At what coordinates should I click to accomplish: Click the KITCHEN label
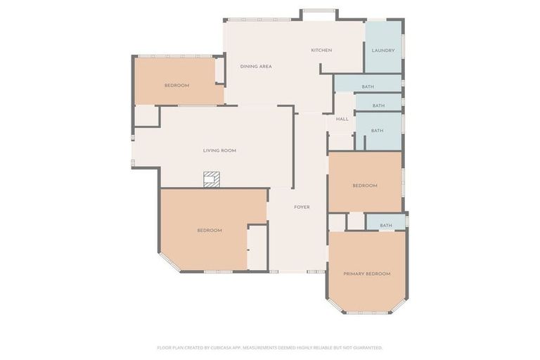[321, 50]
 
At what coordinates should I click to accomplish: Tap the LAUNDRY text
[383, 51]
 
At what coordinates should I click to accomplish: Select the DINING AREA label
[256, 67]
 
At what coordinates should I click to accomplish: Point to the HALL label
[342, 119]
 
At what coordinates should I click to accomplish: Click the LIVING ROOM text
[219, 150]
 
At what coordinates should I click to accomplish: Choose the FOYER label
[302, 207]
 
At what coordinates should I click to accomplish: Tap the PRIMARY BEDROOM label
[366, 274]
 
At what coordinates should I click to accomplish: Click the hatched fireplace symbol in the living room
[212, 179]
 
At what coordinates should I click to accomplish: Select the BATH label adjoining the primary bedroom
[386, 226]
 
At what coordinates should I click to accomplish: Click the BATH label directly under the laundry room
[368, 87]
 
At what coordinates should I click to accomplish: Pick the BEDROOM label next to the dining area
[177, 86]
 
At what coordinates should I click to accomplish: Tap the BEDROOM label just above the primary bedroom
[365, 186]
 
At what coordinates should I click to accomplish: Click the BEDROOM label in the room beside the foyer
[210, 231]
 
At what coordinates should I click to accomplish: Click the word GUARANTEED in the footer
[367, 347]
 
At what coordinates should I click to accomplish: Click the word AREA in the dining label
[265, 67]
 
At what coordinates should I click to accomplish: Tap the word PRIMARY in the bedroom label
[354, 274]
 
